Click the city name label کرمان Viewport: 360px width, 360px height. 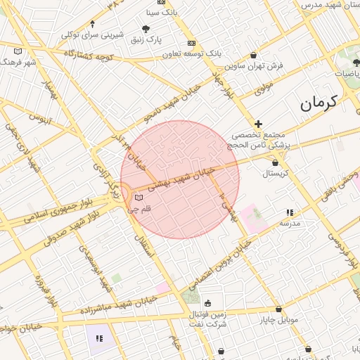tap(320, 103)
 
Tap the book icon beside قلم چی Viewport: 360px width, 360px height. tap(138, 198)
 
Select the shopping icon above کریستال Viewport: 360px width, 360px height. tap(275, 162)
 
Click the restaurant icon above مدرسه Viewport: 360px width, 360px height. tap(289, 212)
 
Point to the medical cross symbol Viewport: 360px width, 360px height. tap(258, 124)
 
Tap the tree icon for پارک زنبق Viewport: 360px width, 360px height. tap(146, 29)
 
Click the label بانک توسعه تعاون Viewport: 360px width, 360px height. tap(192, 53)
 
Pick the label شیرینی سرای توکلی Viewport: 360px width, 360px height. tap(92, 34)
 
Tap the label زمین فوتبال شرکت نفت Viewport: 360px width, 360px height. tap(207, 319)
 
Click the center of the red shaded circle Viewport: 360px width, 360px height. tap(180, 179)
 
